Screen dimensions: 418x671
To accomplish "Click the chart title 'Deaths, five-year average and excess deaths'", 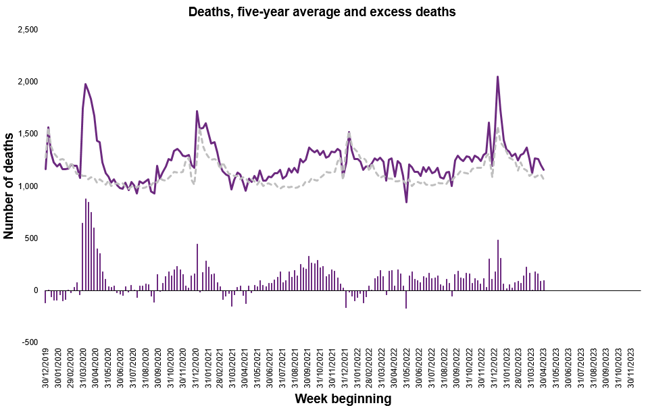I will (x=322, y=11).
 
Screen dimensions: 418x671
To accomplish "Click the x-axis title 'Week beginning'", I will (x=343, y=399).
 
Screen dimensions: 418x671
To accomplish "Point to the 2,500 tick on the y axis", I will (x=28, y=30).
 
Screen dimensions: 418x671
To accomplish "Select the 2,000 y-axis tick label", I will (x=28, y=82).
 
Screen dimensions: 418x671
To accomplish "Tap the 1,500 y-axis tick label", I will (x=28, y=134).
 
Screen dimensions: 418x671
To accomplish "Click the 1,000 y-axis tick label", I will (x=28, y=186).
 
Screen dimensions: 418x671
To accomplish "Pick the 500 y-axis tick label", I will (x=32, y=238).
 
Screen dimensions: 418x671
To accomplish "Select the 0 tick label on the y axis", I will (x=36, y=290).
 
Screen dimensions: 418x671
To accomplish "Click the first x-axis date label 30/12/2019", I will (x=46, y=370).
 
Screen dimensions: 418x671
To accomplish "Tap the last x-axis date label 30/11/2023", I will (x=631, y=370).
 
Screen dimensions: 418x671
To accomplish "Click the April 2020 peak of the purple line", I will (x=85, y=84).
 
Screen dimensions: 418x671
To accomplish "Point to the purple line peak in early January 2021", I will (x=197, y=111).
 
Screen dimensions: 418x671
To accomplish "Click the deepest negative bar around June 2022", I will (x=406, y=299).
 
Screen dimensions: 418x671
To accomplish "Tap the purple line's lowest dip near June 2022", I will (x=406, y=201).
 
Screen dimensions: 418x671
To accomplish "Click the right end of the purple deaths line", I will (x=543, y=169).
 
